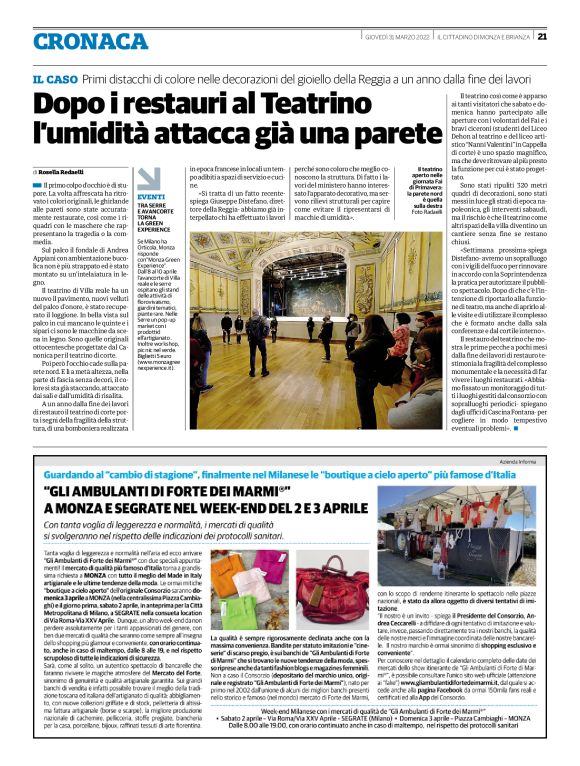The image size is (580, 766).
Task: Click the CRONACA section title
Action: point(78,40)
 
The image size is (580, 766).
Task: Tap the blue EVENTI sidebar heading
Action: point(124,198)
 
